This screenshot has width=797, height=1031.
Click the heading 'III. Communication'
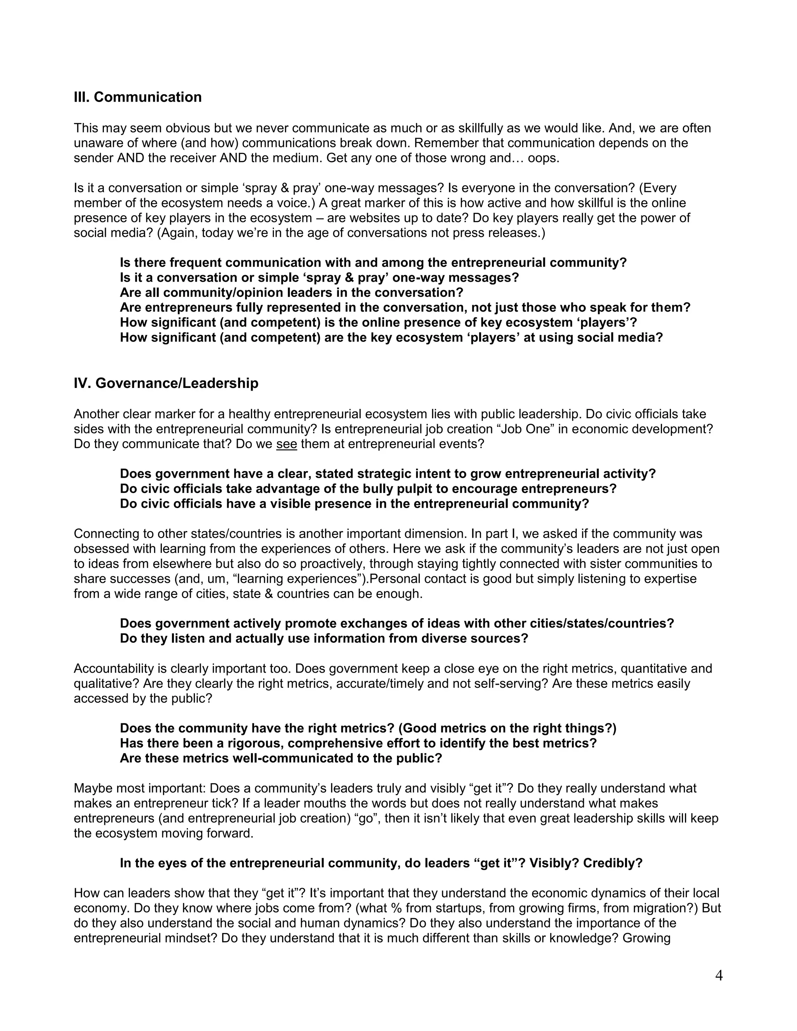click(x=137, y=97)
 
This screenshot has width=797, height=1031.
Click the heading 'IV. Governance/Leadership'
click(x=166, y=383)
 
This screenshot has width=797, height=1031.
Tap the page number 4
click(x=719, y=976)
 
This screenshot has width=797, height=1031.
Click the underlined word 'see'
click(x=286, y=444)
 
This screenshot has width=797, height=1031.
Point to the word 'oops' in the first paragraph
click(x=542, y=158)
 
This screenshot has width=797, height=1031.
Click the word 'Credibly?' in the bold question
click(x=613, y=863)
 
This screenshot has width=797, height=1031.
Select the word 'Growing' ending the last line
click(x=646, y=938)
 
